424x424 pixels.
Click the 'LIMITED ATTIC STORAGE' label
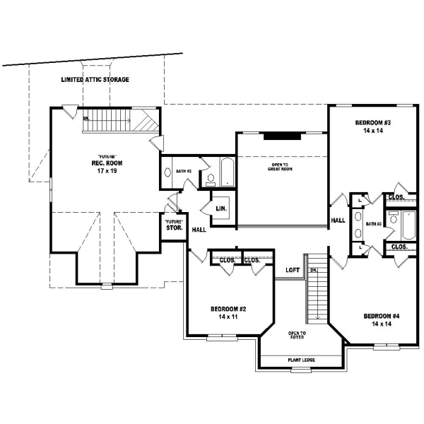click(x=96, y=80)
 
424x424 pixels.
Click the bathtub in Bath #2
click(x=226, y=172)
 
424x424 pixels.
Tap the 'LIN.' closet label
click(x=220, y=208)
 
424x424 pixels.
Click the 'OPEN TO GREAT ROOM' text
click(x=281, y=167)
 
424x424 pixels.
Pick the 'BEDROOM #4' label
click(x=382, y=315)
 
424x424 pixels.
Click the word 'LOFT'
click(x=293, y=270)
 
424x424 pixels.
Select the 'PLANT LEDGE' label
click(x=301, y=360)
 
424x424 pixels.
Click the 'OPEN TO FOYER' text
click(x=297, y=335)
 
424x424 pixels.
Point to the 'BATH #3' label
click(x=374, y=224)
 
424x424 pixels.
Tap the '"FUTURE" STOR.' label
click(x=174, y=225)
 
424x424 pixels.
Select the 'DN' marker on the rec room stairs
click(x=86, y=118)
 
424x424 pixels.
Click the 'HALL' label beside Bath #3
click(x=338, y=220)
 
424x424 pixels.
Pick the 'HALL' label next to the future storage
click(x=199, y=230)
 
